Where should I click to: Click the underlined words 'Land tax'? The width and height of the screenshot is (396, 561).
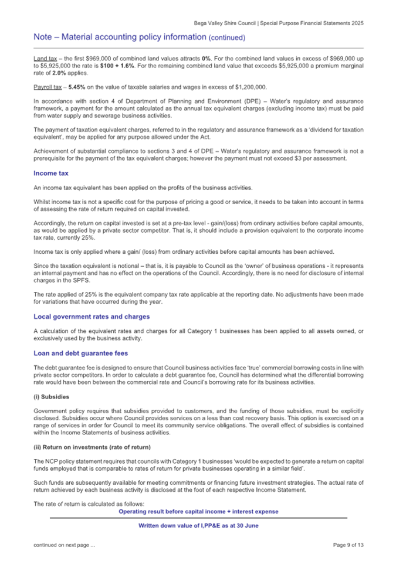(x=43, y=60)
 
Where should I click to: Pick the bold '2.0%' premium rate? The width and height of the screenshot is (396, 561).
(x=51, y=73)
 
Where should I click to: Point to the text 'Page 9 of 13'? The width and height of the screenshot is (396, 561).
(x=348, y=545)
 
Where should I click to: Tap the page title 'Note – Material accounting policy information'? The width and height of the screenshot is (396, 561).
(x=120, y=37)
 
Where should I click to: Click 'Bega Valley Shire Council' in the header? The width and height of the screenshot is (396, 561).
(x=228, y=23)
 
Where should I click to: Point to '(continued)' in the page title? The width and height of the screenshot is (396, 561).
(x=226, y=38)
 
